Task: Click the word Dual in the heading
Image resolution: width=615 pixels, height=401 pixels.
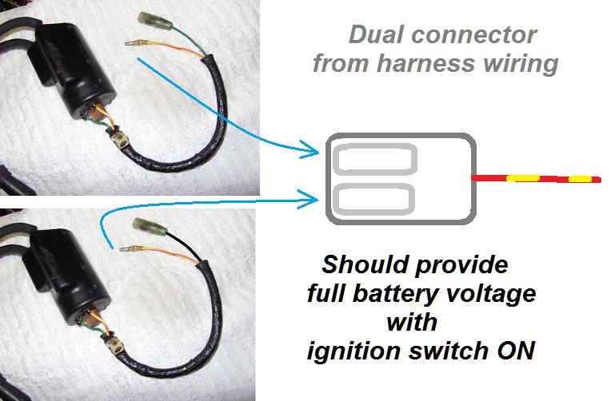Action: coord(377,35)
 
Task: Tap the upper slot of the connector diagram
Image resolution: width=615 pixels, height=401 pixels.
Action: coord(374,161)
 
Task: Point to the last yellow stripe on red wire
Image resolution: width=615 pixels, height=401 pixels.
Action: coord(580,179)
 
